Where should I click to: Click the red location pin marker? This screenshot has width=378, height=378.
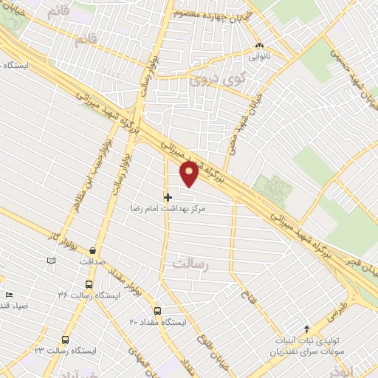click(x=190, y=174)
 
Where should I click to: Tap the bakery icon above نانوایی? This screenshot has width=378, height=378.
click(x=259, y=45)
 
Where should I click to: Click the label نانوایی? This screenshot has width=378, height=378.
click(x=259, y=55)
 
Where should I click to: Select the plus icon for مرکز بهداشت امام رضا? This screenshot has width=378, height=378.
click(x=168, y=197)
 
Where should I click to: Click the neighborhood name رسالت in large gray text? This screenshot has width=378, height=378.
click(x=191, y=263)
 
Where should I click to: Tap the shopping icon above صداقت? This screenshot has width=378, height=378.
click(x=92, y=252)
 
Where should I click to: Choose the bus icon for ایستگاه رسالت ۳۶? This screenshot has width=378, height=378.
click(x=89, y=284)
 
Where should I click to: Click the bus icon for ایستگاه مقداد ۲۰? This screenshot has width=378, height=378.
click(x=157, y=312)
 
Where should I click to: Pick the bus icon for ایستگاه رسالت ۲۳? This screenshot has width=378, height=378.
click(x=66, y=340)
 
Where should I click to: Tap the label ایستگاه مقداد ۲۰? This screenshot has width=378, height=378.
click(x=158, y=323)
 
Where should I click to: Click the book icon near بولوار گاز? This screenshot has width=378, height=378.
click(x=51, y=261)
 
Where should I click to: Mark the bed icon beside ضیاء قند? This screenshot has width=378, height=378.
click(x=8, y=295)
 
